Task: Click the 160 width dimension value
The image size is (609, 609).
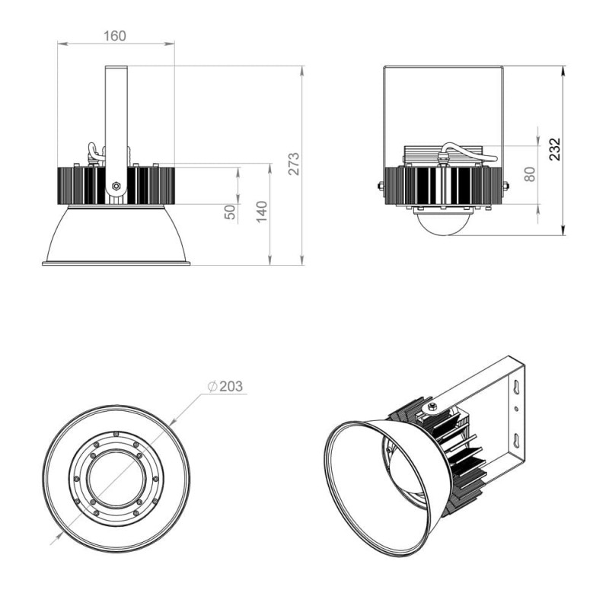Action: [115, 36]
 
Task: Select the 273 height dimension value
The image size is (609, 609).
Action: [295, 164]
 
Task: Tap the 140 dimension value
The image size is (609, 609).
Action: [262, 212]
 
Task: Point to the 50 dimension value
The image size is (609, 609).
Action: [231, 212]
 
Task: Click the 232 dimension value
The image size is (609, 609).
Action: [556, 149]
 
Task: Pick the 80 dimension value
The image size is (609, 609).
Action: [530, 174]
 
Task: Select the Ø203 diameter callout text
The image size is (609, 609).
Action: [225, 386]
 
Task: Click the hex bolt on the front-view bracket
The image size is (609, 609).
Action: [116, 186]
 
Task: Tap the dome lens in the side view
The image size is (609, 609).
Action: [443, 222]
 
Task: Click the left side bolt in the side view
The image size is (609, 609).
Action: [381, 186]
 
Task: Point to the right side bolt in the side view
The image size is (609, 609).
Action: [505, 186]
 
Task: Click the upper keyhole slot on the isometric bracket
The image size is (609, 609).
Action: [517, 386]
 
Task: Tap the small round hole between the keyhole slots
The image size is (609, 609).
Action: [516, 409]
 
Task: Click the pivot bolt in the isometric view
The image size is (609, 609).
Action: [434, 407]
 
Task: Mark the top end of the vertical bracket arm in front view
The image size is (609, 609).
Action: [116, 66]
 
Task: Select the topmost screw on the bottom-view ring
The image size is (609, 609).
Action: [116, 434]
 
